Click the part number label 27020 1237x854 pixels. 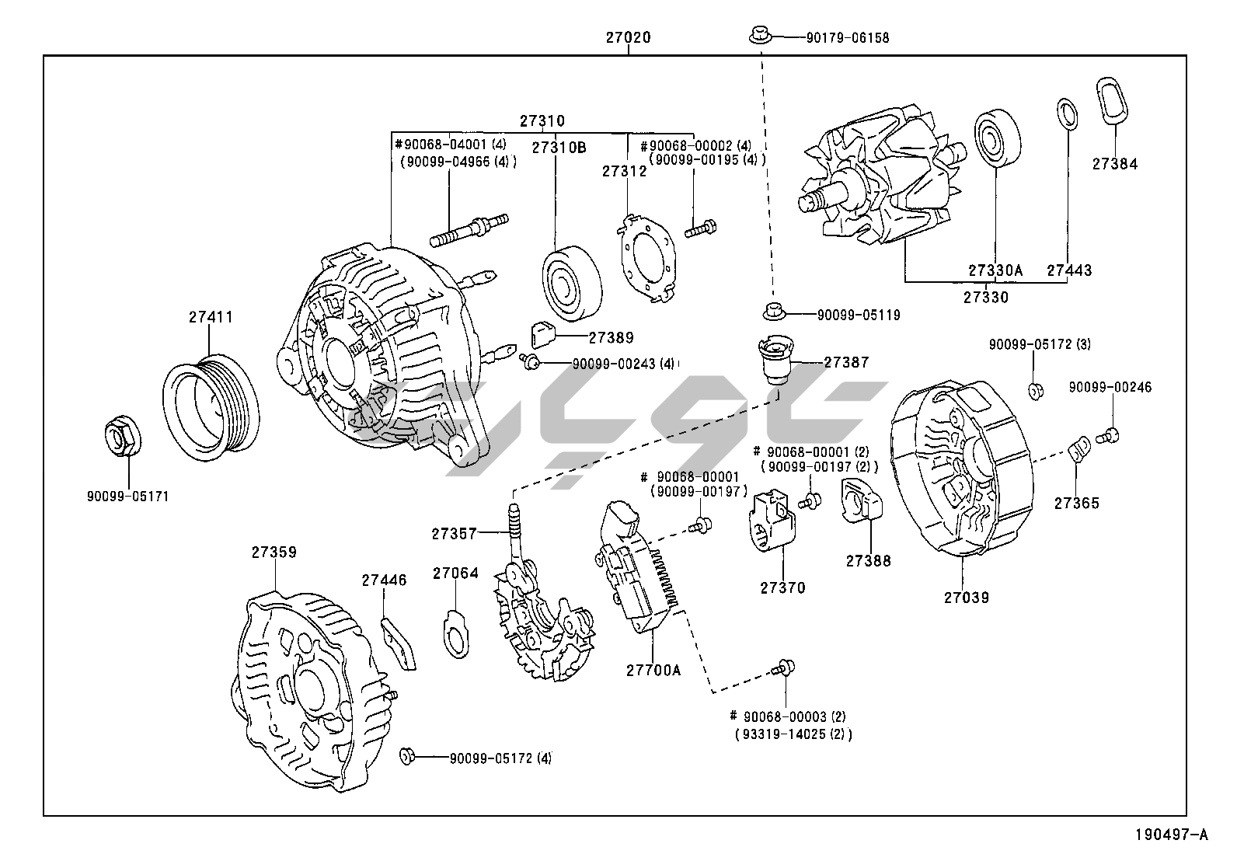tap(628, 37)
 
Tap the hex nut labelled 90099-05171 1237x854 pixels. tap(122, 437)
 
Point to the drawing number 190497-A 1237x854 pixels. tap(1172, 835)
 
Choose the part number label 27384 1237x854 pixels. tap(1114, 164)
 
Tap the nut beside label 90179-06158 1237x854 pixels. tap(759, 35)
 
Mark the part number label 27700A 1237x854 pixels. tap(653, 669)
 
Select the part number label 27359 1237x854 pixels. tap(274, 552)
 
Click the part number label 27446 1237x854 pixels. tap(384, 580)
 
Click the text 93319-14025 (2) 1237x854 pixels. tap(793, 734)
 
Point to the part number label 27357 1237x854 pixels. tap(455, 533)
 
